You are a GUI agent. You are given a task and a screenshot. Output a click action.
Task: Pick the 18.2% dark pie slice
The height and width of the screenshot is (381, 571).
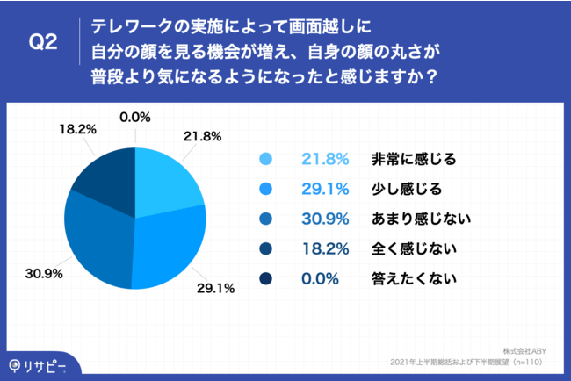105,176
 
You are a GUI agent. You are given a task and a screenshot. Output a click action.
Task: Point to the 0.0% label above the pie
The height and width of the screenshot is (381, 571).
136,116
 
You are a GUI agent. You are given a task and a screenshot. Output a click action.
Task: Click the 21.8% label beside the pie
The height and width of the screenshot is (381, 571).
202,137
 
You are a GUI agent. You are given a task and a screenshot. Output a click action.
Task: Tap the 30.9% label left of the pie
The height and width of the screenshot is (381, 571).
43,274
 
